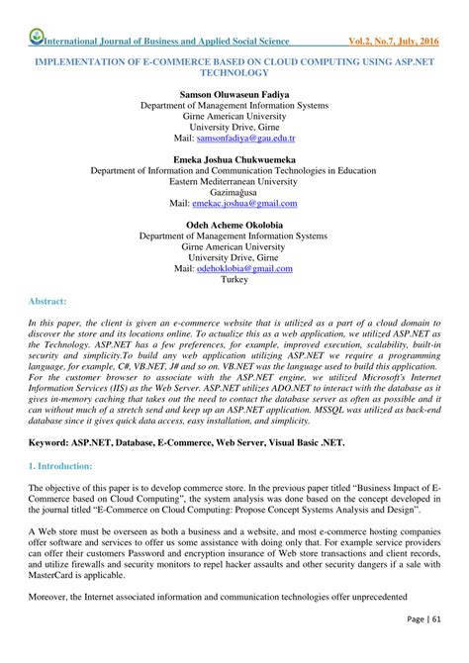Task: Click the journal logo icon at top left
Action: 37,39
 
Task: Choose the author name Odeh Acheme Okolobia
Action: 234,225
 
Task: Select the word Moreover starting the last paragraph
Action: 51,598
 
